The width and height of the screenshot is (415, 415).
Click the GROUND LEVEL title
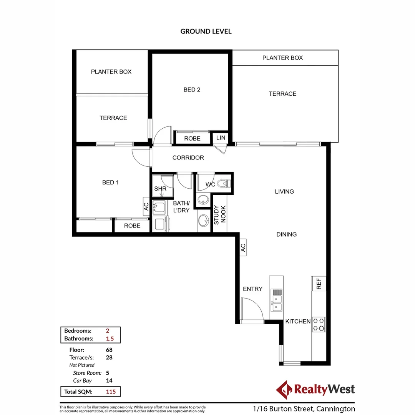coord(206,32)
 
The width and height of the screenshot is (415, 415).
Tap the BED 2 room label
coord(192,90)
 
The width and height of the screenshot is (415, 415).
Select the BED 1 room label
coord(110,183)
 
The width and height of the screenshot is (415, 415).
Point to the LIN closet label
coord(221,138)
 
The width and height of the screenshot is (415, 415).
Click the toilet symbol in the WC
coord(223,184)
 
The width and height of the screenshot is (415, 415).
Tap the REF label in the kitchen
coord(319,284)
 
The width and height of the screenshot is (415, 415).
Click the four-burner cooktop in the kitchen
coord(319,324)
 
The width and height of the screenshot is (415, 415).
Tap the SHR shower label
coord(160,189)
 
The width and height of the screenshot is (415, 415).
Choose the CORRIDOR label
coord(188,158)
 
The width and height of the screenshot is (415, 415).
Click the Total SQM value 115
coord(111,392)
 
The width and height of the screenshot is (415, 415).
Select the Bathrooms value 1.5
coord(110,339)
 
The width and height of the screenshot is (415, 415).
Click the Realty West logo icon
coord(284,390)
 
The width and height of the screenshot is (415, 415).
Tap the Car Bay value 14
coord(109,380)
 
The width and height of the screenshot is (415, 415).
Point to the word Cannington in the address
coord(335,409)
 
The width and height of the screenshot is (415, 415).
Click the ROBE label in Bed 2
coord(192,138)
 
